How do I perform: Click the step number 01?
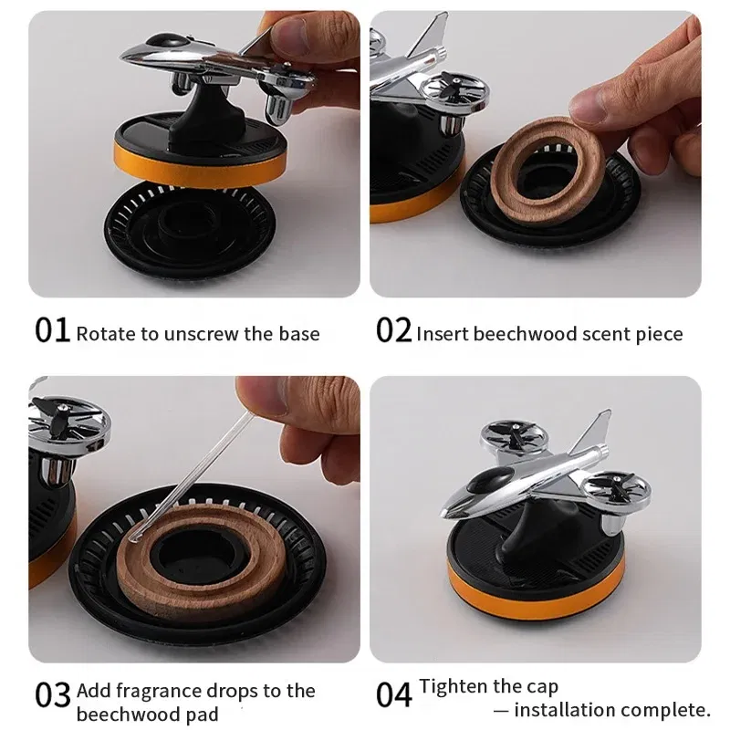(52, 330)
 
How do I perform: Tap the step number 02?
(394, 330)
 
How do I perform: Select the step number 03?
(53, 695)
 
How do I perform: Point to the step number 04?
(394, 695)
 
